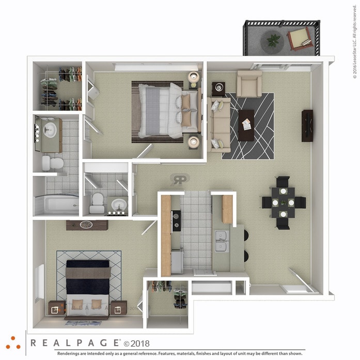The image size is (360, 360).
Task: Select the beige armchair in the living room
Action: click(x=249, y=83)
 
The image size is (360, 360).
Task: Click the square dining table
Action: click(x=284, y=202)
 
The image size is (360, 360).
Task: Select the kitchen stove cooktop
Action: click(x=176, y=220)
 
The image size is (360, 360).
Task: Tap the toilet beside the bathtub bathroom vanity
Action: click(x=52, y=164)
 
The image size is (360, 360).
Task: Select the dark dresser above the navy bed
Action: click(x=87, y=225)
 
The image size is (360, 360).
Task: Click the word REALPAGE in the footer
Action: click(x=75, y=342)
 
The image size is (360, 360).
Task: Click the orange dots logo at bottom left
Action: click(x=13, y=342)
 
